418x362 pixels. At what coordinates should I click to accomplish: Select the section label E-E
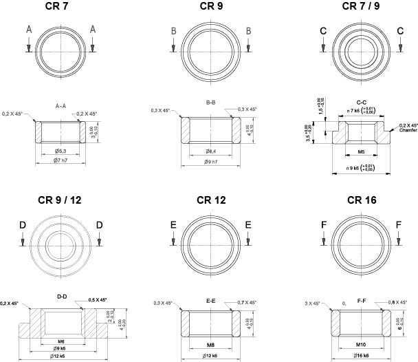211,300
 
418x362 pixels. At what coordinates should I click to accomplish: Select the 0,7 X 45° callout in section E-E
245,303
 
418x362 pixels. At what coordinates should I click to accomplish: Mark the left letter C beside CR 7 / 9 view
322,31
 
